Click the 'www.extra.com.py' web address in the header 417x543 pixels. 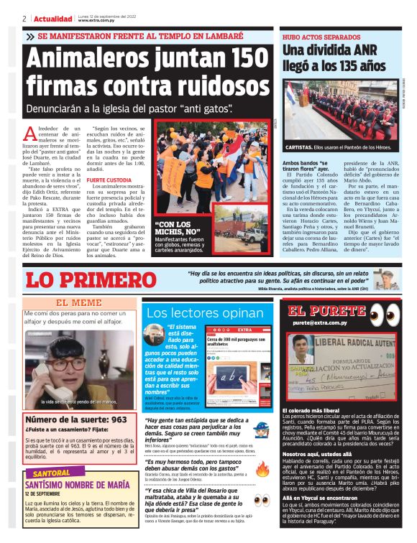[x=97, y=20]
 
